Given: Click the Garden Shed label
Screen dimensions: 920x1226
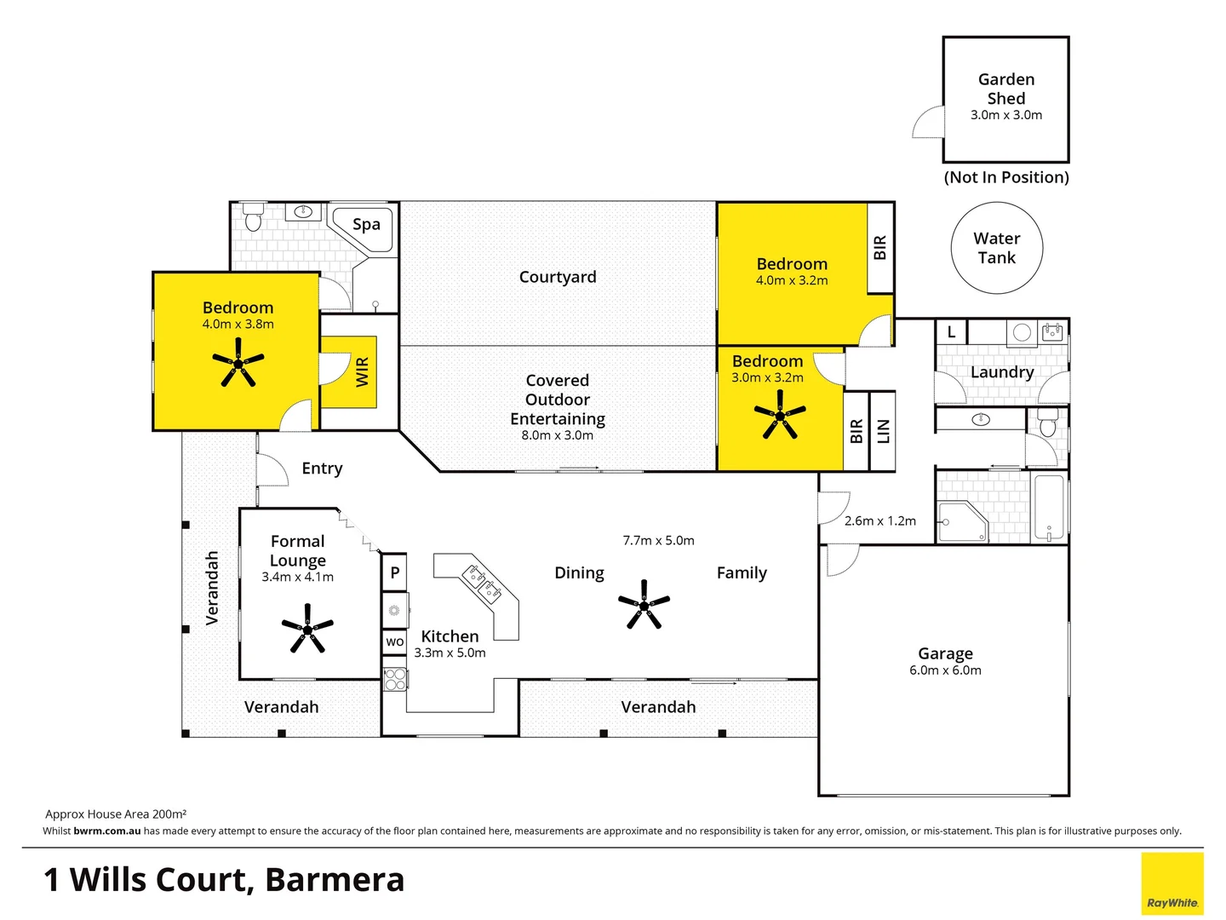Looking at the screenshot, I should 1006,89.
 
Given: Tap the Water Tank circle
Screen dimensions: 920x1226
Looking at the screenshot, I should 997,248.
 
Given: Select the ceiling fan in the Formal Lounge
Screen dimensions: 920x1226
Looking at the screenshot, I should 307,629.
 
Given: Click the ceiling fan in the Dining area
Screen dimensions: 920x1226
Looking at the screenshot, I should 644,605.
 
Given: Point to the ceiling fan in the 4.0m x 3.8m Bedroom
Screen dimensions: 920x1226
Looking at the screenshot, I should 238,363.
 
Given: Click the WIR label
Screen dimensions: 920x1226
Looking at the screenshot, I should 363,372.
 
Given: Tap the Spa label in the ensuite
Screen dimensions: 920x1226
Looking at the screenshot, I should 366,225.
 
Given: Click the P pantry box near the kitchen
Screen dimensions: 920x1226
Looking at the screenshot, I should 394,572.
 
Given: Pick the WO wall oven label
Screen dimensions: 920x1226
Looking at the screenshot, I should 395,641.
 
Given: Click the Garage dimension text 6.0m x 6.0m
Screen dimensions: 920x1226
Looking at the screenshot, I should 945,670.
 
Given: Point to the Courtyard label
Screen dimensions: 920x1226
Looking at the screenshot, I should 558,277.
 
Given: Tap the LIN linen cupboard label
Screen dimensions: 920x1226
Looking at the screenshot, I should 883,431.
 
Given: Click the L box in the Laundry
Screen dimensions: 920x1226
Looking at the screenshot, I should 951,332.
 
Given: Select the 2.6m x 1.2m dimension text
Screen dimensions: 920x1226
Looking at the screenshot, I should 880,520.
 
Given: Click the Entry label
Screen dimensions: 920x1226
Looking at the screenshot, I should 322,469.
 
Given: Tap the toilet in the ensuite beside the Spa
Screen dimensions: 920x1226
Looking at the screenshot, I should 253,218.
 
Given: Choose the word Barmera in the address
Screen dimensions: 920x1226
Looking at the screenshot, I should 335,880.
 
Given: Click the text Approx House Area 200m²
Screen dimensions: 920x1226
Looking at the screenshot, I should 116,814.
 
